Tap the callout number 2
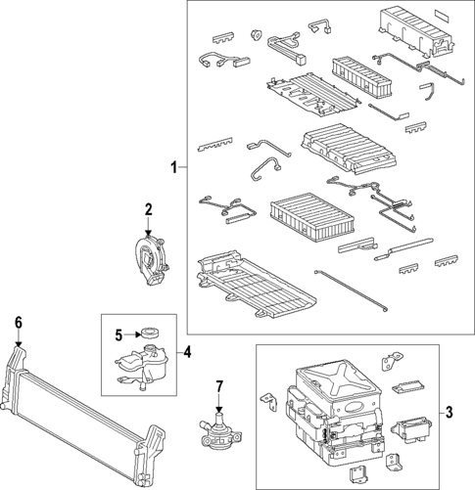click(149, 208)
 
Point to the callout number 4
click(187, 350)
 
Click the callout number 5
click(118, 334)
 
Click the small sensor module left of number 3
click(410, 426)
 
